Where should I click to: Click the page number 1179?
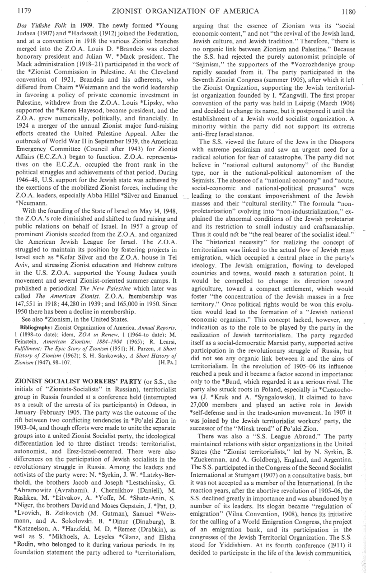[x=17, y=7]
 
